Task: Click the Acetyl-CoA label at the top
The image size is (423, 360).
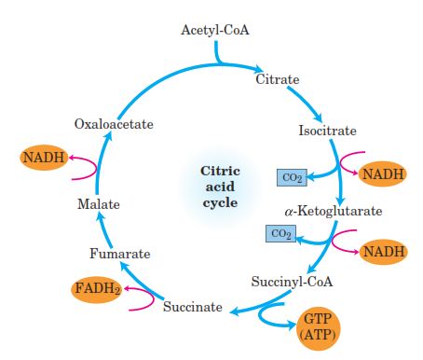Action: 216,32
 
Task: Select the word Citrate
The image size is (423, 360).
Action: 278,80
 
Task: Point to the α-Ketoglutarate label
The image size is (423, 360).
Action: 333,211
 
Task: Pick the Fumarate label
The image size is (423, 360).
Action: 119,253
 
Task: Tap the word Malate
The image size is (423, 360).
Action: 98,203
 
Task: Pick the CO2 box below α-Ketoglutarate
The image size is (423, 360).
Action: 279,233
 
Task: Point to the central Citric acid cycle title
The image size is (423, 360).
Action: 221,187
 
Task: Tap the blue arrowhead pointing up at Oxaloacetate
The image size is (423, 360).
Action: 110,137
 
